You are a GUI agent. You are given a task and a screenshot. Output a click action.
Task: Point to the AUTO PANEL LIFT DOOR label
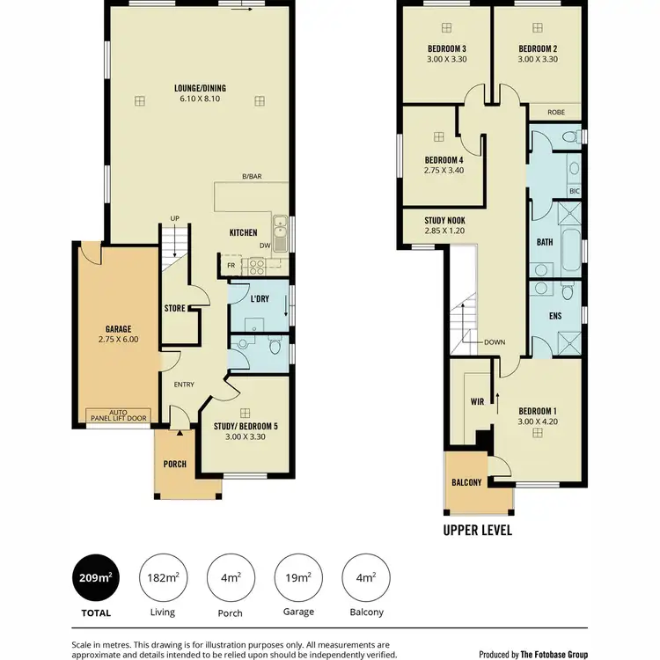[x=118, y=415]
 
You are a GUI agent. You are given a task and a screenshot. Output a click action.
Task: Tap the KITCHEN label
[x=243, y=233]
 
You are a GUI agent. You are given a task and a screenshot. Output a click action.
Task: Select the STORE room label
[x=175, y=308]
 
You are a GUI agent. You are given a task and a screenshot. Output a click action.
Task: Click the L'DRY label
[x=260, y=299]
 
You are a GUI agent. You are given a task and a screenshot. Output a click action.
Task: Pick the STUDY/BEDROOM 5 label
[x=245, y=427]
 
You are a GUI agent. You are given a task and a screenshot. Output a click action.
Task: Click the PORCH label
[x=175, y=464]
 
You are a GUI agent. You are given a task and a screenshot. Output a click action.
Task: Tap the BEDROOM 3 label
[x=446, y=48]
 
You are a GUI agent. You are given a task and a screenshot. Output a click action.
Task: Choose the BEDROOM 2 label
[x=539, y=48]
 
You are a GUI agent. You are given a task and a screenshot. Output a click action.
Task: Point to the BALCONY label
[x=466, y=483]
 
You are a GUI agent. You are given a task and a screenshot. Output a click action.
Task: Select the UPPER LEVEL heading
[x=478, y=531]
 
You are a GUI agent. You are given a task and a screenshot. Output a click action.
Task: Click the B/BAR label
[x=253, y=177]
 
